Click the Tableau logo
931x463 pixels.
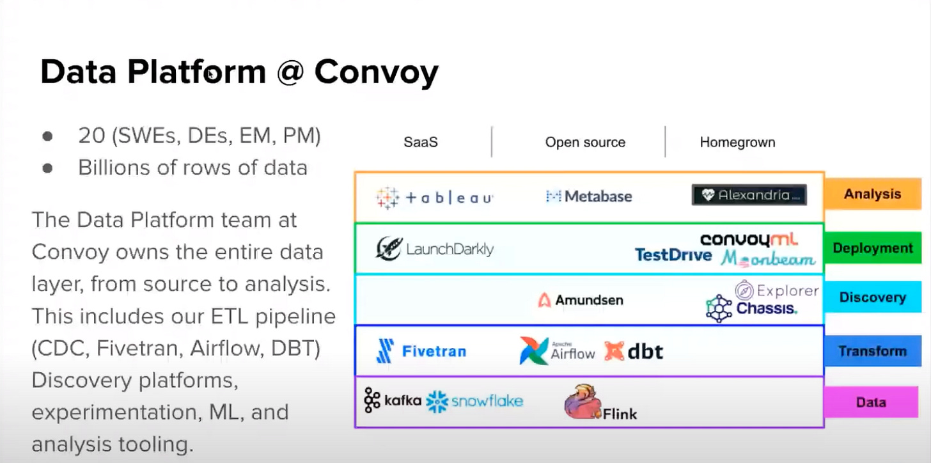[x=434, y=197]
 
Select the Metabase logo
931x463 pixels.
[x=588, y=196]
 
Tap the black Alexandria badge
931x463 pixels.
[x=749, y=195]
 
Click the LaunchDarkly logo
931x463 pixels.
[x=435, y=249]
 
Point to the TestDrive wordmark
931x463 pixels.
[x=673, y=255]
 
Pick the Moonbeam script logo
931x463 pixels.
[x=768, y=258]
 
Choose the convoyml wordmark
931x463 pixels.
[x=749, y=240]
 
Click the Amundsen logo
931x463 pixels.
[x=580, y=300]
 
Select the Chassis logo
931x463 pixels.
[x=751, y=308]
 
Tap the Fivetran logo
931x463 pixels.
[x=421, y=351]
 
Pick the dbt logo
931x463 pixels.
[x=634, y=351]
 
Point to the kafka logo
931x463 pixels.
[x=393, y=400]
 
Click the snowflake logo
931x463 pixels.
[x=474, y=401]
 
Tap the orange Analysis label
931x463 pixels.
[x=872, y=194]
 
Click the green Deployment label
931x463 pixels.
[x=872, y=248]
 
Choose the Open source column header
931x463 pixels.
[x=585, y=142]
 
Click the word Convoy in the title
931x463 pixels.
[x=376, y=72]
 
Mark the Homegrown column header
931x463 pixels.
[x=737, y=142]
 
